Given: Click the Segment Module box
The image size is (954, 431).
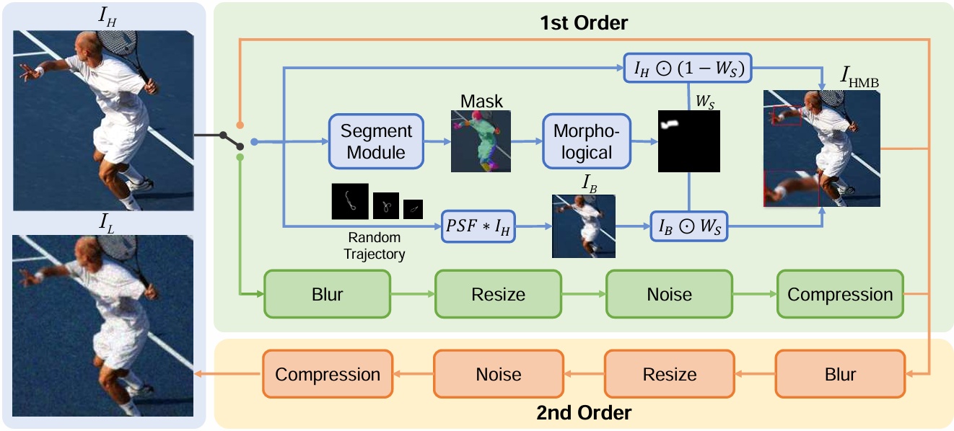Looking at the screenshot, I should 376,142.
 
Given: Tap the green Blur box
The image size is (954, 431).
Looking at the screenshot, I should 328,294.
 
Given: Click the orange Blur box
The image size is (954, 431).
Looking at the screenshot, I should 840,374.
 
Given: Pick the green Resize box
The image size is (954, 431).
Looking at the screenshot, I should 498,294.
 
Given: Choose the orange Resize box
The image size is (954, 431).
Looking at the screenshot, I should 670,374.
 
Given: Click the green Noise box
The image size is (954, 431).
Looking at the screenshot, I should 669,294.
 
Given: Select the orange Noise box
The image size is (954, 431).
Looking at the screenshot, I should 499,374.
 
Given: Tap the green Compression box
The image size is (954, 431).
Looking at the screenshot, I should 840,294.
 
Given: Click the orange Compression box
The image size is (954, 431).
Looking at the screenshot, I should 327,374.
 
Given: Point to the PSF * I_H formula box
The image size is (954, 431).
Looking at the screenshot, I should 478,226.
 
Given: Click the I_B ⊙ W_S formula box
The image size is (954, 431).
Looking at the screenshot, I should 689,226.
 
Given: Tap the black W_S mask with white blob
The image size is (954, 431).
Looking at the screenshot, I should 689,141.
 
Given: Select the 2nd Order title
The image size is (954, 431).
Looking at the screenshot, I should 584,413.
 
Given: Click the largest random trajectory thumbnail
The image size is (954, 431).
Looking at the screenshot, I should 350,201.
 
